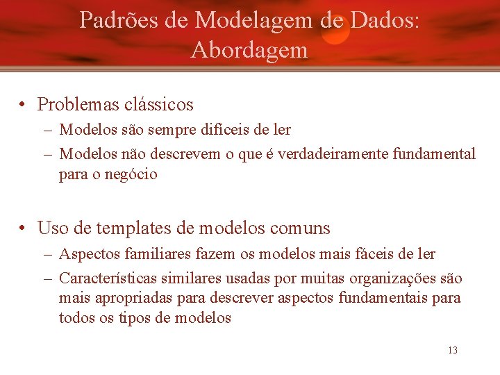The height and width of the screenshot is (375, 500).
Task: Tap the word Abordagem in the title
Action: pos(249,50)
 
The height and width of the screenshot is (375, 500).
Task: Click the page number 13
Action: pos(453,350)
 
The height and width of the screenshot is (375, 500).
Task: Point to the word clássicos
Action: pos(159,105)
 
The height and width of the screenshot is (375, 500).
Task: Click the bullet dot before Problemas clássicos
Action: pos(24,105)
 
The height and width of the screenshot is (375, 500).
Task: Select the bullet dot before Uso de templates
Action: pos(24,228)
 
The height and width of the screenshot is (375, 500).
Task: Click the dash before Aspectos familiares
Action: pos(47,253)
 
